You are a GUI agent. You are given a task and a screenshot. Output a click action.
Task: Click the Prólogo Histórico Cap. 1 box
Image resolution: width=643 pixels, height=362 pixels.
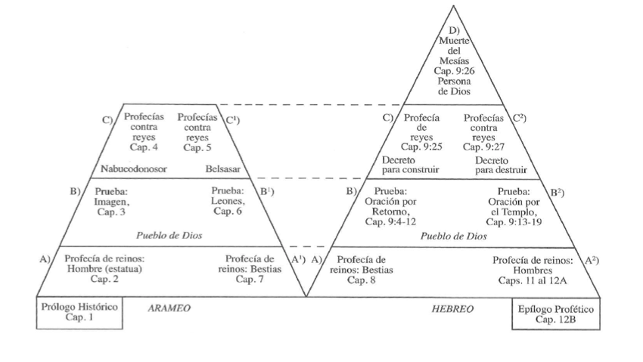pyautogui.click(x=79, y=314)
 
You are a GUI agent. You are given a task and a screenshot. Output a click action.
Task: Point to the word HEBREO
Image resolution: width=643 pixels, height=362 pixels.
pyautogui.click(x=452, y=309)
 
